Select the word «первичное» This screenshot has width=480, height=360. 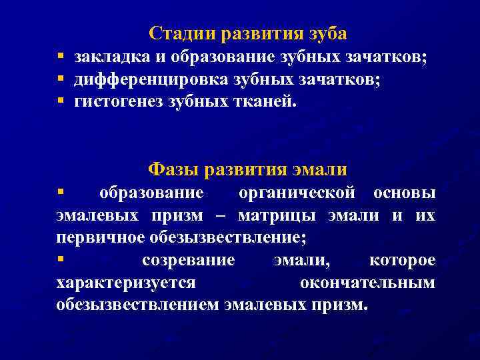(x=96, y=238)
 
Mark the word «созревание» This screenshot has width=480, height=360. (x=189, y=260)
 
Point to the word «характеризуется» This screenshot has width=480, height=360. (x=126, y=283)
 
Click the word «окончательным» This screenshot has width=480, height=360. (x=367, y=283)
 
